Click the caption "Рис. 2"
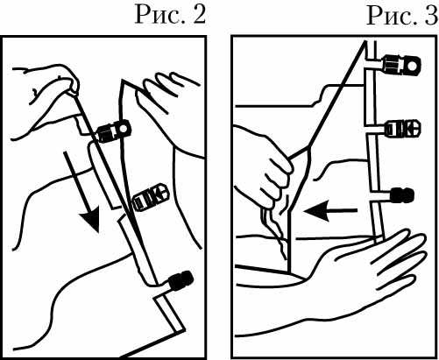[170, 15]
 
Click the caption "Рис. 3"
[402, 15]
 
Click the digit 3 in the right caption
[431, 15]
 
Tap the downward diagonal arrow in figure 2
[83, 192]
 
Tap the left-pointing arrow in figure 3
[330, 210]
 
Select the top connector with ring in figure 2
[114, 131]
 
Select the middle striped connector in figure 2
[151, 196]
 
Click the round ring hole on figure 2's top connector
[124, 128]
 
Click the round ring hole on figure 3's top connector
[414, 67]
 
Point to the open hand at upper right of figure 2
[169, 96]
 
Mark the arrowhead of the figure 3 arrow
[316, 210]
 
